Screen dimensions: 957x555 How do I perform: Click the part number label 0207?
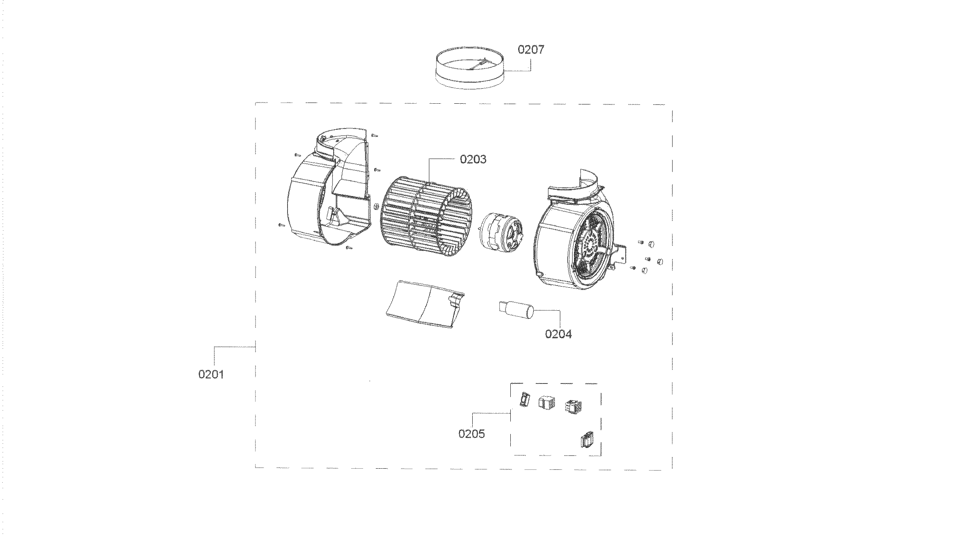[531, 50]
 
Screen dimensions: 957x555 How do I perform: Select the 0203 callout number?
[473, 159]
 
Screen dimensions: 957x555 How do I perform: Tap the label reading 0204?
[558, 334]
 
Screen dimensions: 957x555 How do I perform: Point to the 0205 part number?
[472, 434]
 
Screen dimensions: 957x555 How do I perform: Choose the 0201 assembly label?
[211, 374]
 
